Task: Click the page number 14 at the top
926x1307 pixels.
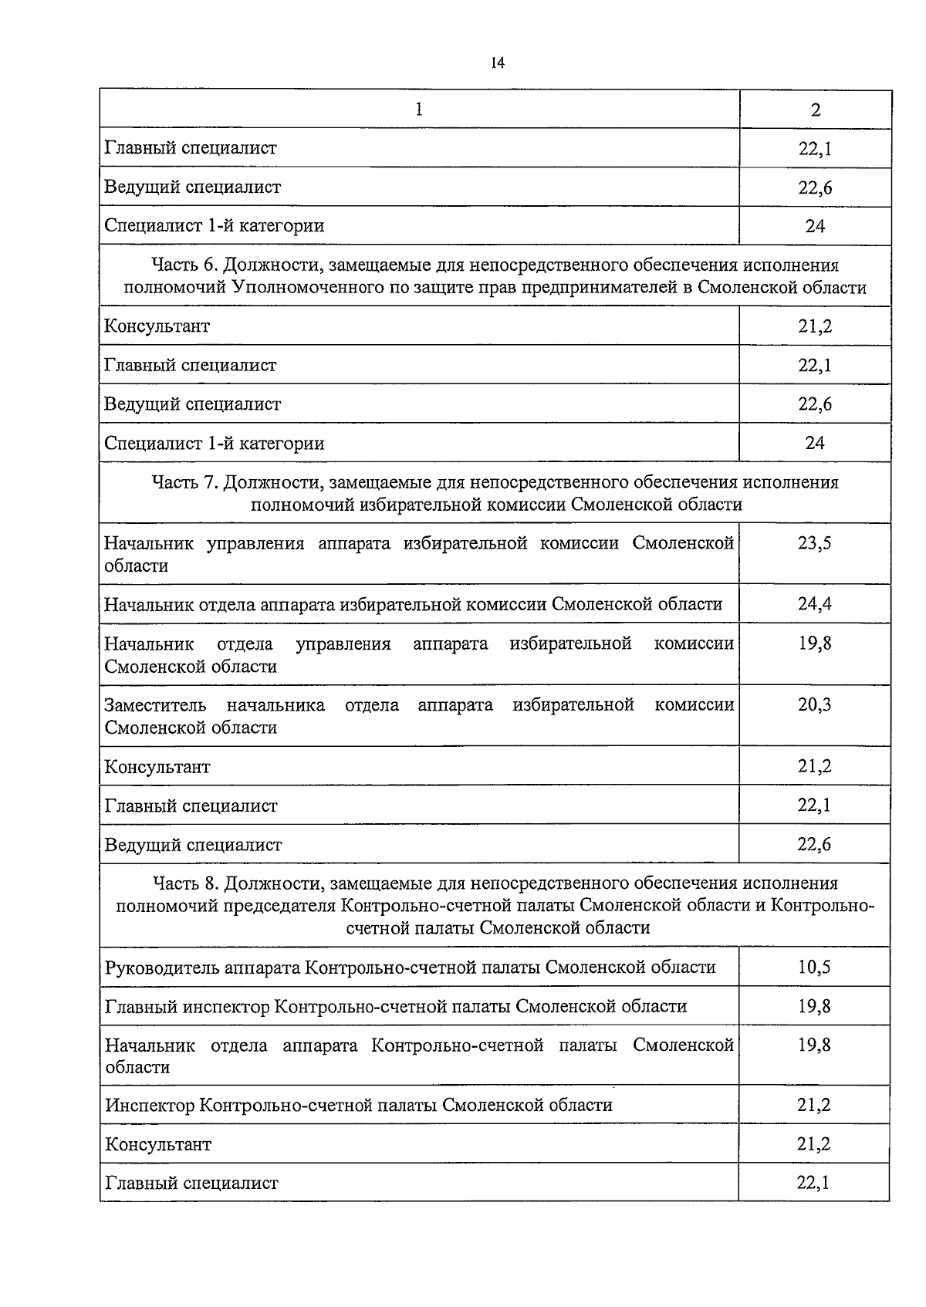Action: click(497, 63)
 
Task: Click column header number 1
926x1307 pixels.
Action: click(419, 109)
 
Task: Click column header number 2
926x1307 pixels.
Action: click(816, 110)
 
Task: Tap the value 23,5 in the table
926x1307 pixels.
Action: click(815, 543)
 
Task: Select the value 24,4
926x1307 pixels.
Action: click(815, 603)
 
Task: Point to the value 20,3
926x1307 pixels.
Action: click(815, 704)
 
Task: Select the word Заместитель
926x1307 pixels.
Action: click(155, 705)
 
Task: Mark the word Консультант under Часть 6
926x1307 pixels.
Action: click(157, 326)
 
